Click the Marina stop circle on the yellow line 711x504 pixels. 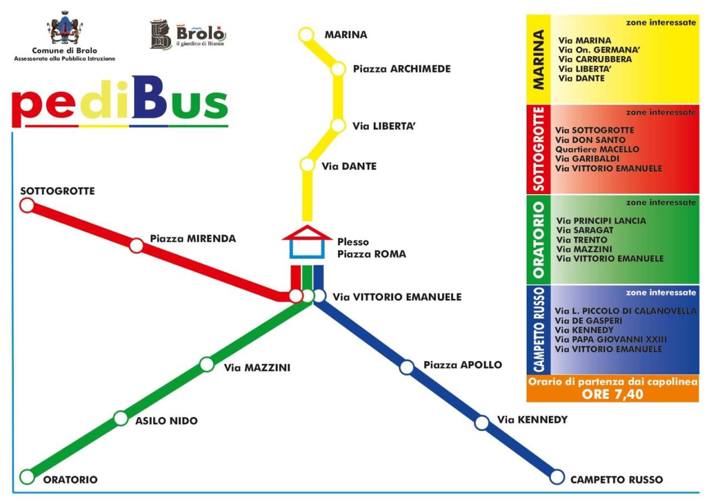tap(306, 34)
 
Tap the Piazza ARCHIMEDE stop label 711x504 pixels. tap(402, 69)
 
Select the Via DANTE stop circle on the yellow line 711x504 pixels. tap(307, 165)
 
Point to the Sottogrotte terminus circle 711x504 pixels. tap(27, 205)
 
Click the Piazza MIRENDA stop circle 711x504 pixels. tap(137, 245)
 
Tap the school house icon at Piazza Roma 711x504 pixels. tap(307, 241)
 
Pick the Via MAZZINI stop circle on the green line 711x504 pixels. tap(207, 364)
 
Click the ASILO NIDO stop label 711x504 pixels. tap(167, 421)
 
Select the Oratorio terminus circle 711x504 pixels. tap(27, 477)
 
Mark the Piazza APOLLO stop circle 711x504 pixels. tap(407, 367)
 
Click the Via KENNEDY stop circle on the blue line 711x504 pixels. tap(482, 423)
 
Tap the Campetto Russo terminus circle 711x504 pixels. tap(557, 477)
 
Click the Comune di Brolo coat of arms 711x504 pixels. tap(64, 28)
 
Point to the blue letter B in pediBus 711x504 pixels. tap(149, 97)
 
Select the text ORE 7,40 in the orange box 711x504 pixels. tap(612, 394)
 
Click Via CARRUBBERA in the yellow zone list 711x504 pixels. tap(595, 60)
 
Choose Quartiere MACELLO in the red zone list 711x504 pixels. tap(597, 149)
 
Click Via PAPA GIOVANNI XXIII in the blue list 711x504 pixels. tap(610, 339)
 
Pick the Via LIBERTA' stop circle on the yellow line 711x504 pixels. tap(338, 126)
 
